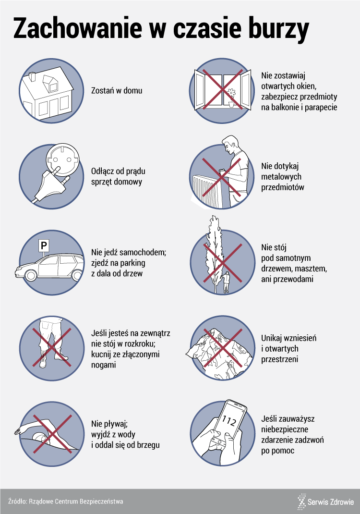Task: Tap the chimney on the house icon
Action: click(x=33, y=77)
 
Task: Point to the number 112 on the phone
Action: click(x=228, y=420)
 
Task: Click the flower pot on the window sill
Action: click(x=231, y=104)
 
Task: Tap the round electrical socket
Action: click(x=63, y=159)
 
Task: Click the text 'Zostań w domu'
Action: click(x=117, y=90)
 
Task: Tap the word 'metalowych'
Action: click(x=281, y=177)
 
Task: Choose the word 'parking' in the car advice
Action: click(x=132, y=263)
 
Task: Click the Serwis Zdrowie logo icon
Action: click(x=301, y=502)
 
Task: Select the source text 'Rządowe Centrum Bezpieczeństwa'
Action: click(x=76, y=501)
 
